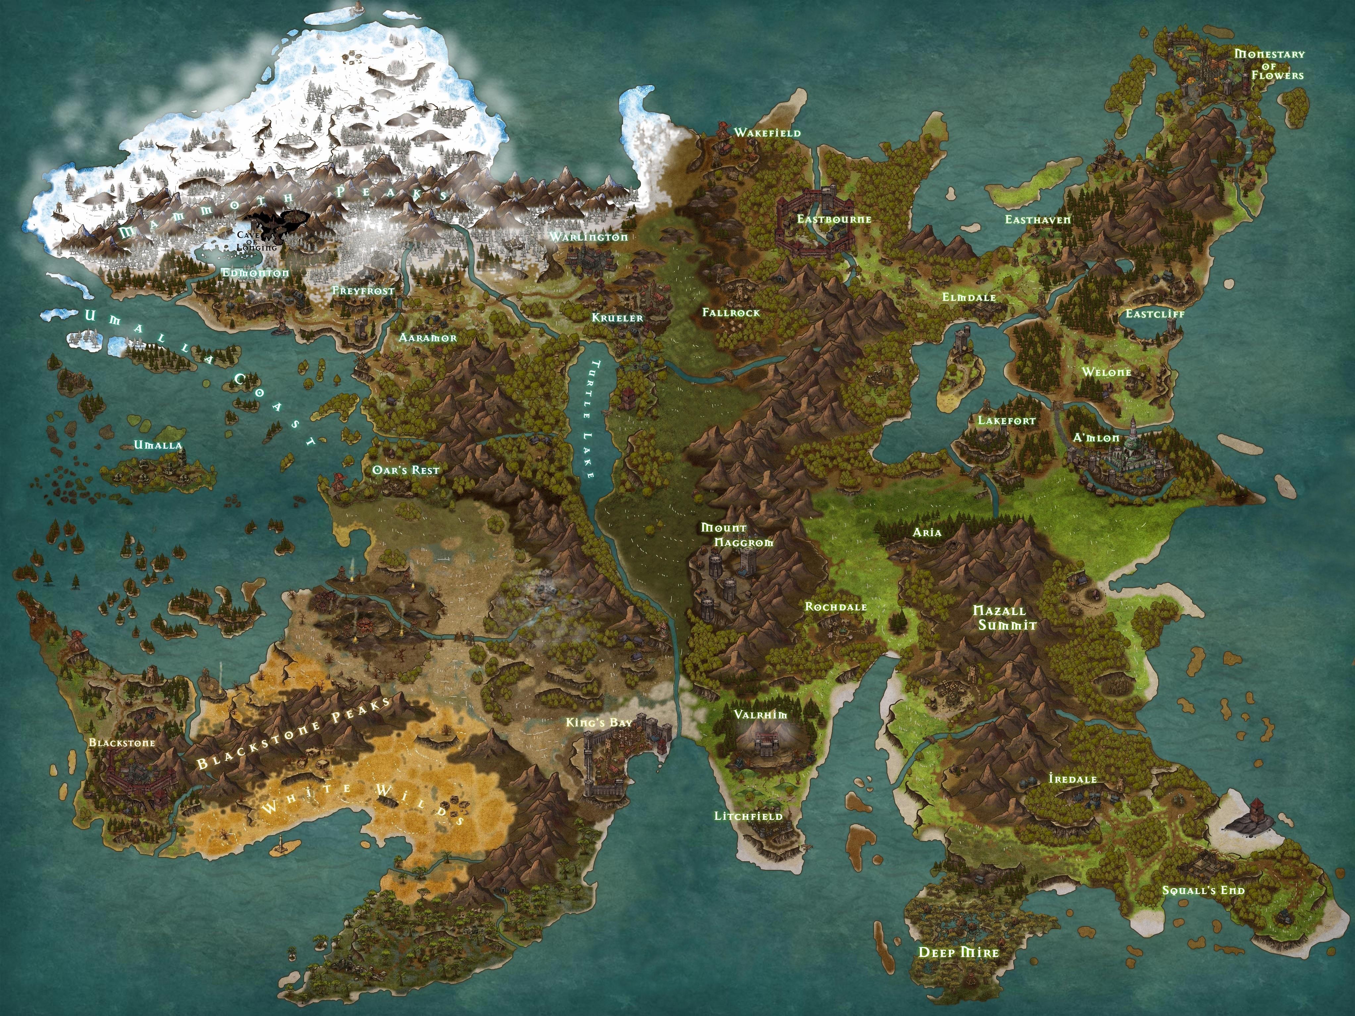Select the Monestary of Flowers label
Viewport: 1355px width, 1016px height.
click(1269, 64)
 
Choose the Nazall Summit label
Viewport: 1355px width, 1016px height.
click(999, 618)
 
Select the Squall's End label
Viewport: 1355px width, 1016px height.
click(1204, 890)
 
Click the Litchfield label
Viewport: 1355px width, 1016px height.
click(749, 816)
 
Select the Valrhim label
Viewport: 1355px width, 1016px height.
click(761, 714)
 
